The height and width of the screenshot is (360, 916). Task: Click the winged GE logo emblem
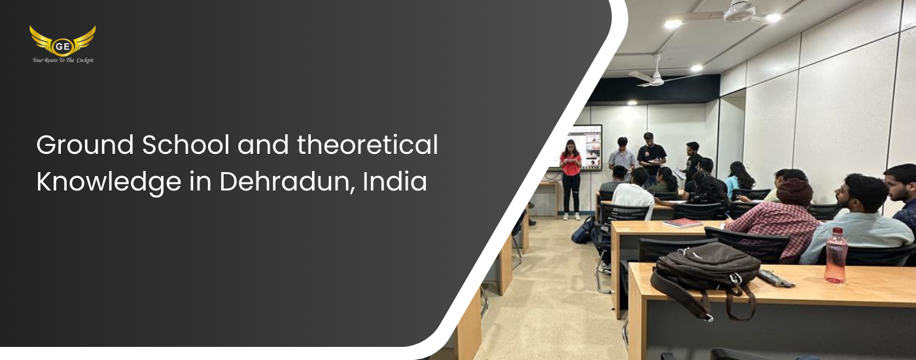(63, 41)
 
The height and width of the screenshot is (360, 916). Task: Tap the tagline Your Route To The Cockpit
(63, 60)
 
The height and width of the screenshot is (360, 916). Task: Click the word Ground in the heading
(85, 145)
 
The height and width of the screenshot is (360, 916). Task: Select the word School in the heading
(186, 145)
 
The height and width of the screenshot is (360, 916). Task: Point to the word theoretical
(367, 145)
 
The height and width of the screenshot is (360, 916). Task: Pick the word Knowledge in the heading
(109, 182)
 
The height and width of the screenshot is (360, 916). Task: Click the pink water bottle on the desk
(836, 255)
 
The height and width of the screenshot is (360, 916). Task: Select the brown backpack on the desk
(705, 278)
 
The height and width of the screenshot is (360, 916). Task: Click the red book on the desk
(682, 223)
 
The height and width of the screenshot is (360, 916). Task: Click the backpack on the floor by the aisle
(584, 230)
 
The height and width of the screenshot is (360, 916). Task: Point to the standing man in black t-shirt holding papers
(652, 158)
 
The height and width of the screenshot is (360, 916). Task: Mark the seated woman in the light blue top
(739, 179)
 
